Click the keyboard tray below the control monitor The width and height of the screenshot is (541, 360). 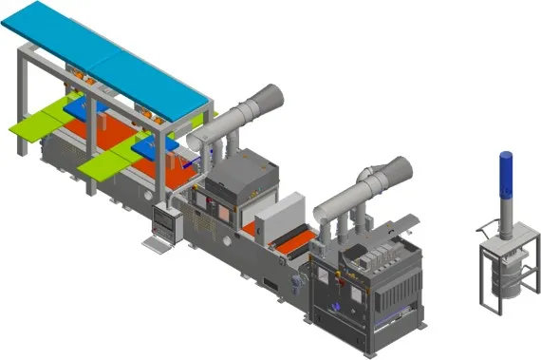pyautogui.click(x=154, y=242)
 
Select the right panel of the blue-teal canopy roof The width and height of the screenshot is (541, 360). pyautogui.click(x=157, y=81)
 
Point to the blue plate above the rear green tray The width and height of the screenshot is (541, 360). pyautogui.click(x=90, y=104)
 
